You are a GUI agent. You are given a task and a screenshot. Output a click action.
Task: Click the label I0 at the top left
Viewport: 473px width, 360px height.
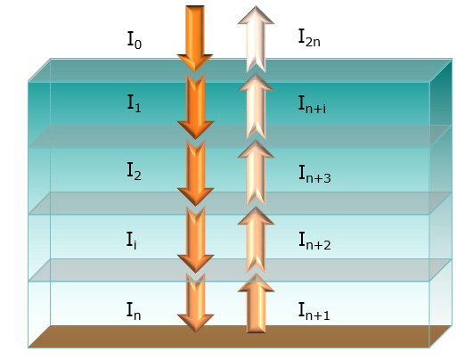tap(135, 40)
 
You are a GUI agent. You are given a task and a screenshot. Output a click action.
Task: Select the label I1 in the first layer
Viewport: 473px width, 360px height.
tap(135, 104)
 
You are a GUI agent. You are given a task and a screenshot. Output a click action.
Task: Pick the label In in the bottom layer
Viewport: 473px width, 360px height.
tap(135, 309)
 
